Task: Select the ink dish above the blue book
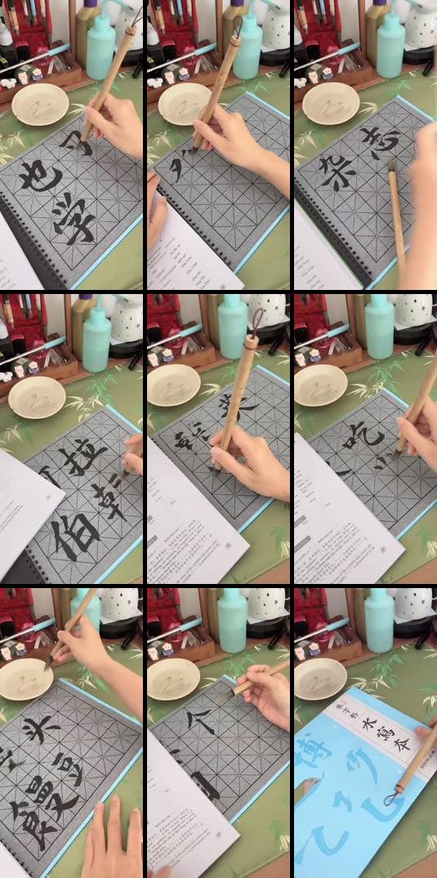[x=320, y=677]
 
